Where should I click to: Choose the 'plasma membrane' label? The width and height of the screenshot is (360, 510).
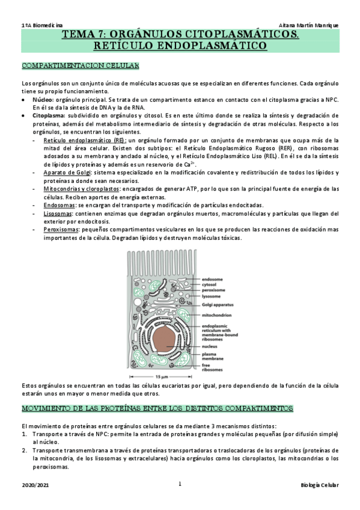click(x=214, y=340)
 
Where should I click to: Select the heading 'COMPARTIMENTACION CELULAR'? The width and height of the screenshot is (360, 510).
click(x=80, y=65)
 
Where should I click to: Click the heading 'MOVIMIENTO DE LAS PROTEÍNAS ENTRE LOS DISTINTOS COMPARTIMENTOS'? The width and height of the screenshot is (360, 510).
click(x=157, y=409)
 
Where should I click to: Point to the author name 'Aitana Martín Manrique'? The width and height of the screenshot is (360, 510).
click(x=309, y=25)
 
